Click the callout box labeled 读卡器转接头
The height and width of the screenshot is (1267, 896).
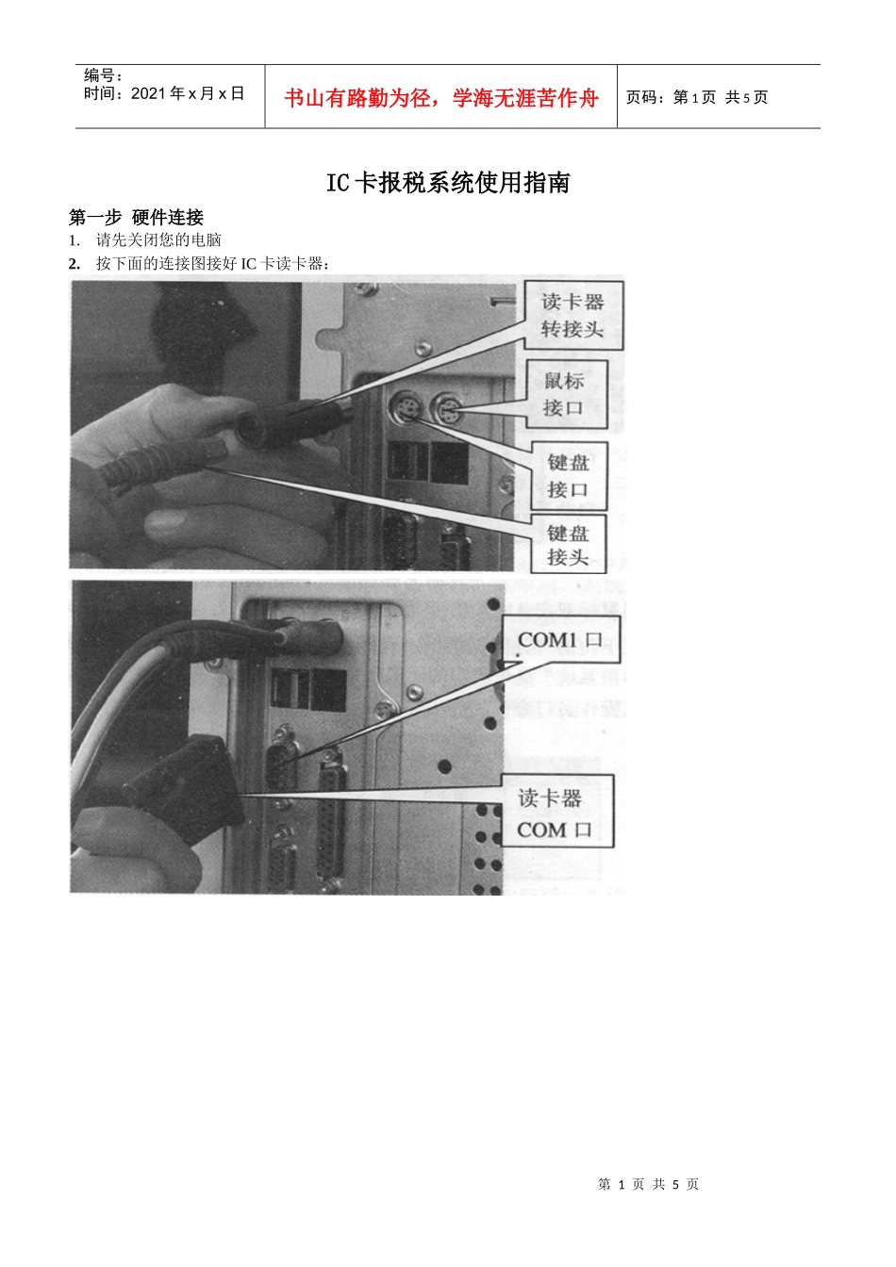coord(572,315)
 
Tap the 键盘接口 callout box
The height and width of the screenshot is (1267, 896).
coord(568,476)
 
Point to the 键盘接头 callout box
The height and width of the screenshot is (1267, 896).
coord(568,545)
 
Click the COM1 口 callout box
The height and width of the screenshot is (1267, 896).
coord(559,640)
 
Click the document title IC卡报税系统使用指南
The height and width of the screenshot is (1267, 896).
coord(448,183)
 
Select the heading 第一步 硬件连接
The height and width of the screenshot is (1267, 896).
coord(136,218)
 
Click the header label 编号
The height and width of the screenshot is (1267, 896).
coord(103,75)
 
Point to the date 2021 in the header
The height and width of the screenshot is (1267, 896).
coord(147,93)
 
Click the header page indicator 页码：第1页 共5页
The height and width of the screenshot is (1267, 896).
coord(697,97)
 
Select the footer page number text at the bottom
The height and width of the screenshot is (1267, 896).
coord(648,1184)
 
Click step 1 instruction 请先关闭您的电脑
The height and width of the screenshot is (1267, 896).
coord(158,240)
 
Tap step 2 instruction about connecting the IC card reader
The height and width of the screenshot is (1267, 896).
coord(212,263)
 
